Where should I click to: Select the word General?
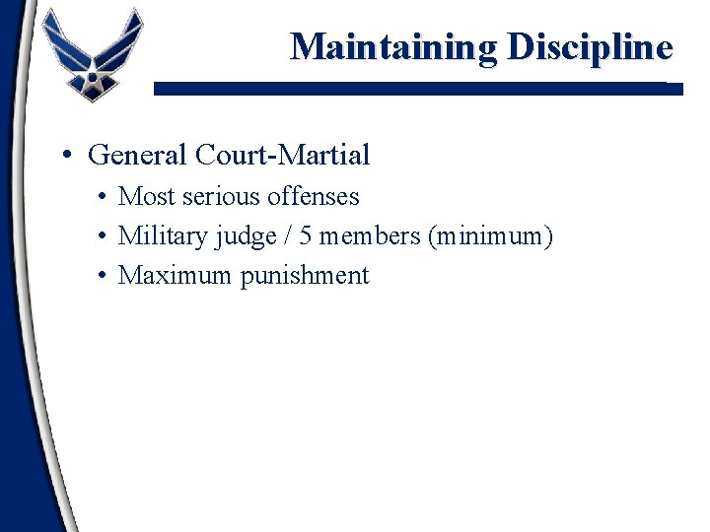coord(138,155)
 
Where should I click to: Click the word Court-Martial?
coord(283,155)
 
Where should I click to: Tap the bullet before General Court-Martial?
coord(64,156)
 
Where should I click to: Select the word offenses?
coord(314,196)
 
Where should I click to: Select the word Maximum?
coord(175,275)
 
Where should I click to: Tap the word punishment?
coord(305,276)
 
